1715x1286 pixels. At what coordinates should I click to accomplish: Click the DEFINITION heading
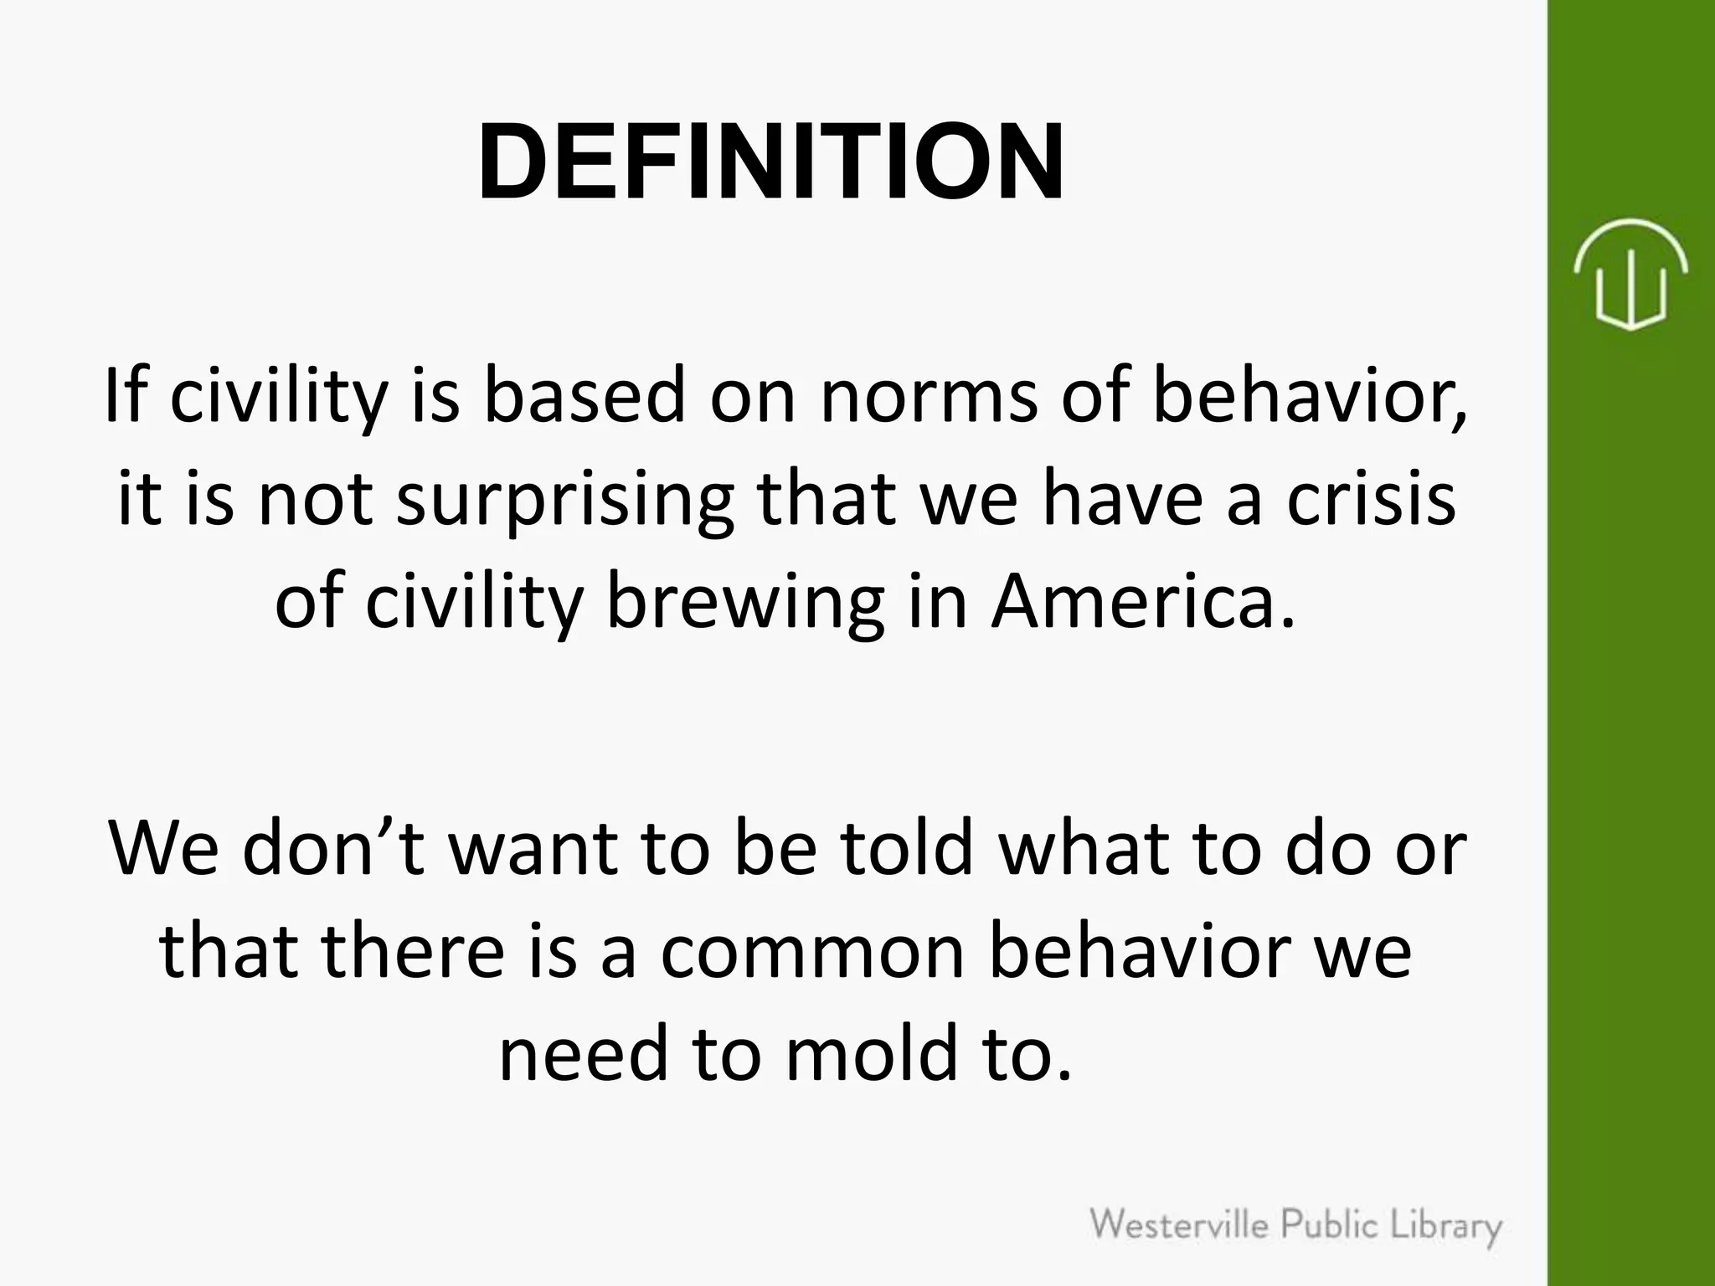click(x=770, y=161)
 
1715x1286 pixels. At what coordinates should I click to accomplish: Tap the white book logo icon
click(x=1630, y=274)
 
